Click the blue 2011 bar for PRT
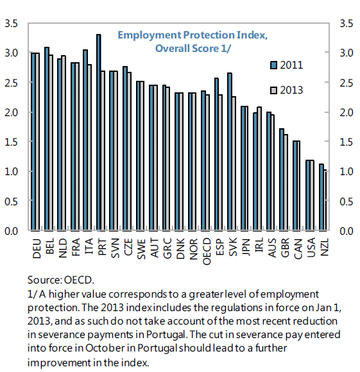pyautogui.click(x=99, y=132)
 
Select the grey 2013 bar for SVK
pyautogui.click(x=234, y=163)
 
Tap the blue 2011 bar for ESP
pyautogui.click(x=216, y=154)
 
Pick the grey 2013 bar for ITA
pyautogui.click(x=89, y=148)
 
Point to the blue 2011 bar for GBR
pyautogui.click(x=282, y=180)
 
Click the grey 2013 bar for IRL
pyautogui.click(x=259, y=169)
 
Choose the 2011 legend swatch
pyautogui.click(x=273, y=65)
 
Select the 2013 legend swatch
pyautogui.click(x=273, y=90)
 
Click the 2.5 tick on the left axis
pyautogui.click(x=11, y=83)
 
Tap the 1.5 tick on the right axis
pyautogui.click(x=347, y=142)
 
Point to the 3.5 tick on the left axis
pyautogui.click(x=11, y=24)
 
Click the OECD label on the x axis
pyautogui.click(x=207, y=251)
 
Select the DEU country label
pyautogui.click(x=37, y=248)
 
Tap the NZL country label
pyautogui.click(x=325, y=247)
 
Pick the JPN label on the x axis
pyautogui.click(x=246, y=247)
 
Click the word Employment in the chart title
pyautogui.click(x=150, y=35)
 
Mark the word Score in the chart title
pyautogui.click(x=205, y=48)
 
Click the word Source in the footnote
pyautogui.click(x=44, y=280)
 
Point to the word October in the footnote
pyautogui.click(x=105, y=348)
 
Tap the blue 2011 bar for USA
pyautogui.click(x=308, y=195)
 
